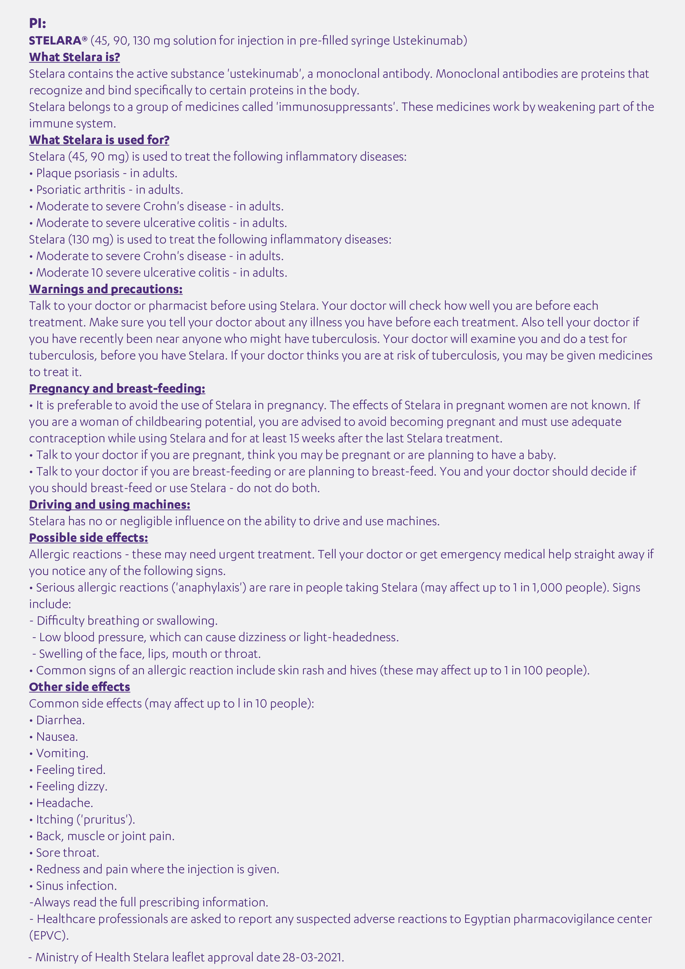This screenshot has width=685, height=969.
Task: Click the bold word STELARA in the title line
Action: (55, 41)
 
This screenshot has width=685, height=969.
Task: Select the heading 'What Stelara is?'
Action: (74, 57)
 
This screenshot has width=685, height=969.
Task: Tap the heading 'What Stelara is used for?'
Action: (99, 140)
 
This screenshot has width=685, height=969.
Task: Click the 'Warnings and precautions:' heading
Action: (106, 289)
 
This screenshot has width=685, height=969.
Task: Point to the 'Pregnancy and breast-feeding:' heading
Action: (117, 388)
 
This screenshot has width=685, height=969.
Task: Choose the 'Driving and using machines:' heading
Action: (109, 504)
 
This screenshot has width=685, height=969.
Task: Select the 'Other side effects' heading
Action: (79, 687)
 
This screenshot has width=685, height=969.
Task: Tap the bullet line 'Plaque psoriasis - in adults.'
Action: (106, 173)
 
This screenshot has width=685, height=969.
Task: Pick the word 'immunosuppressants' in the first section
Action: (336, 107)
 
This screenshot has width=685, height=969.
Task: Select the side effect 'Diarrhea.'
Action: (60, 720)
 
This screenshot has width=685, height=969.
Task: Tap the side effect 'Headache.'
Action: (65, 803)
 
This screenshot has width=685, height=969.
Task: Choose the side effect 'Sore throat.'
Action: (67, 852)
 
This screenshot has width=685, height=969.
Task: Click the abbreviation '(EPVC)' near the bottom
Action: (49, 935)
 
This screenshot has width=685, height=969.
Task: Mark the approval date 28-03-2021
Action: (313, 957)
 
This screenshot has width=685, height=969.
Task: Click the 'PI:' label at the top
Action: (38, 23)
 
